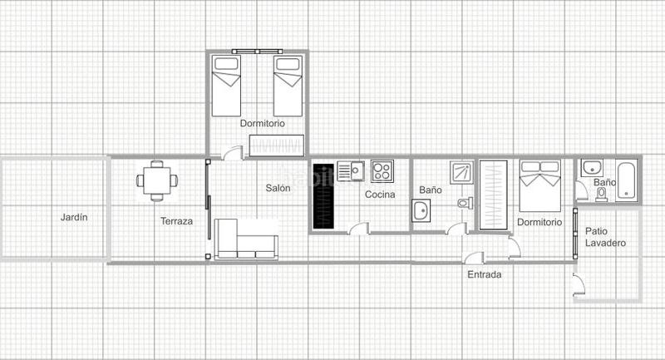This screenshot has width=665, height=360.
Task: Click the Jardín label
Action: point(74,218)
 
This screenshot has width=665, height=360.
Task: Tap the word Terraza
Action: point(176,221)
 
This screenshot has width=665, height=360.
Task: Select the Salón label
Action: point(278,189)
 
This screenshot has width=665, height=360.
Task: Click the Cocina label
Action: point(380,195)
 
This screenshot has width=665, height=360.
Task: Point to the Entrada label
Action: point(484,274)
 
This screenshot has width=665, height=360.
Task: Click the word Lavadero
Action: point(604,243)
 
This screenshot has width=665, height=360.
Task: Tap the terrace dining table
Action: point(156,179)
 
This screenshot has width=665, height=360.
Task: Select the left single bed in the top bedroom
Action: point(225,86)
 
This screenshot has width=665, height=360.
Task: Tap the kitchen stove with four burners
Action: point(382,171)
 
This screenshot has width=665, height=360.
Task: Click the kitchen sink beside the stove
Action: point(352,170)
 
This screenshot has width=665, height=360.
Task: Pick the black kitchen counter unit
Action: point(323,197)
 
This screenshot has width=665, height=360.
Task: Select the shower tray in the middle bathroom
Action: point(461,171)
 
